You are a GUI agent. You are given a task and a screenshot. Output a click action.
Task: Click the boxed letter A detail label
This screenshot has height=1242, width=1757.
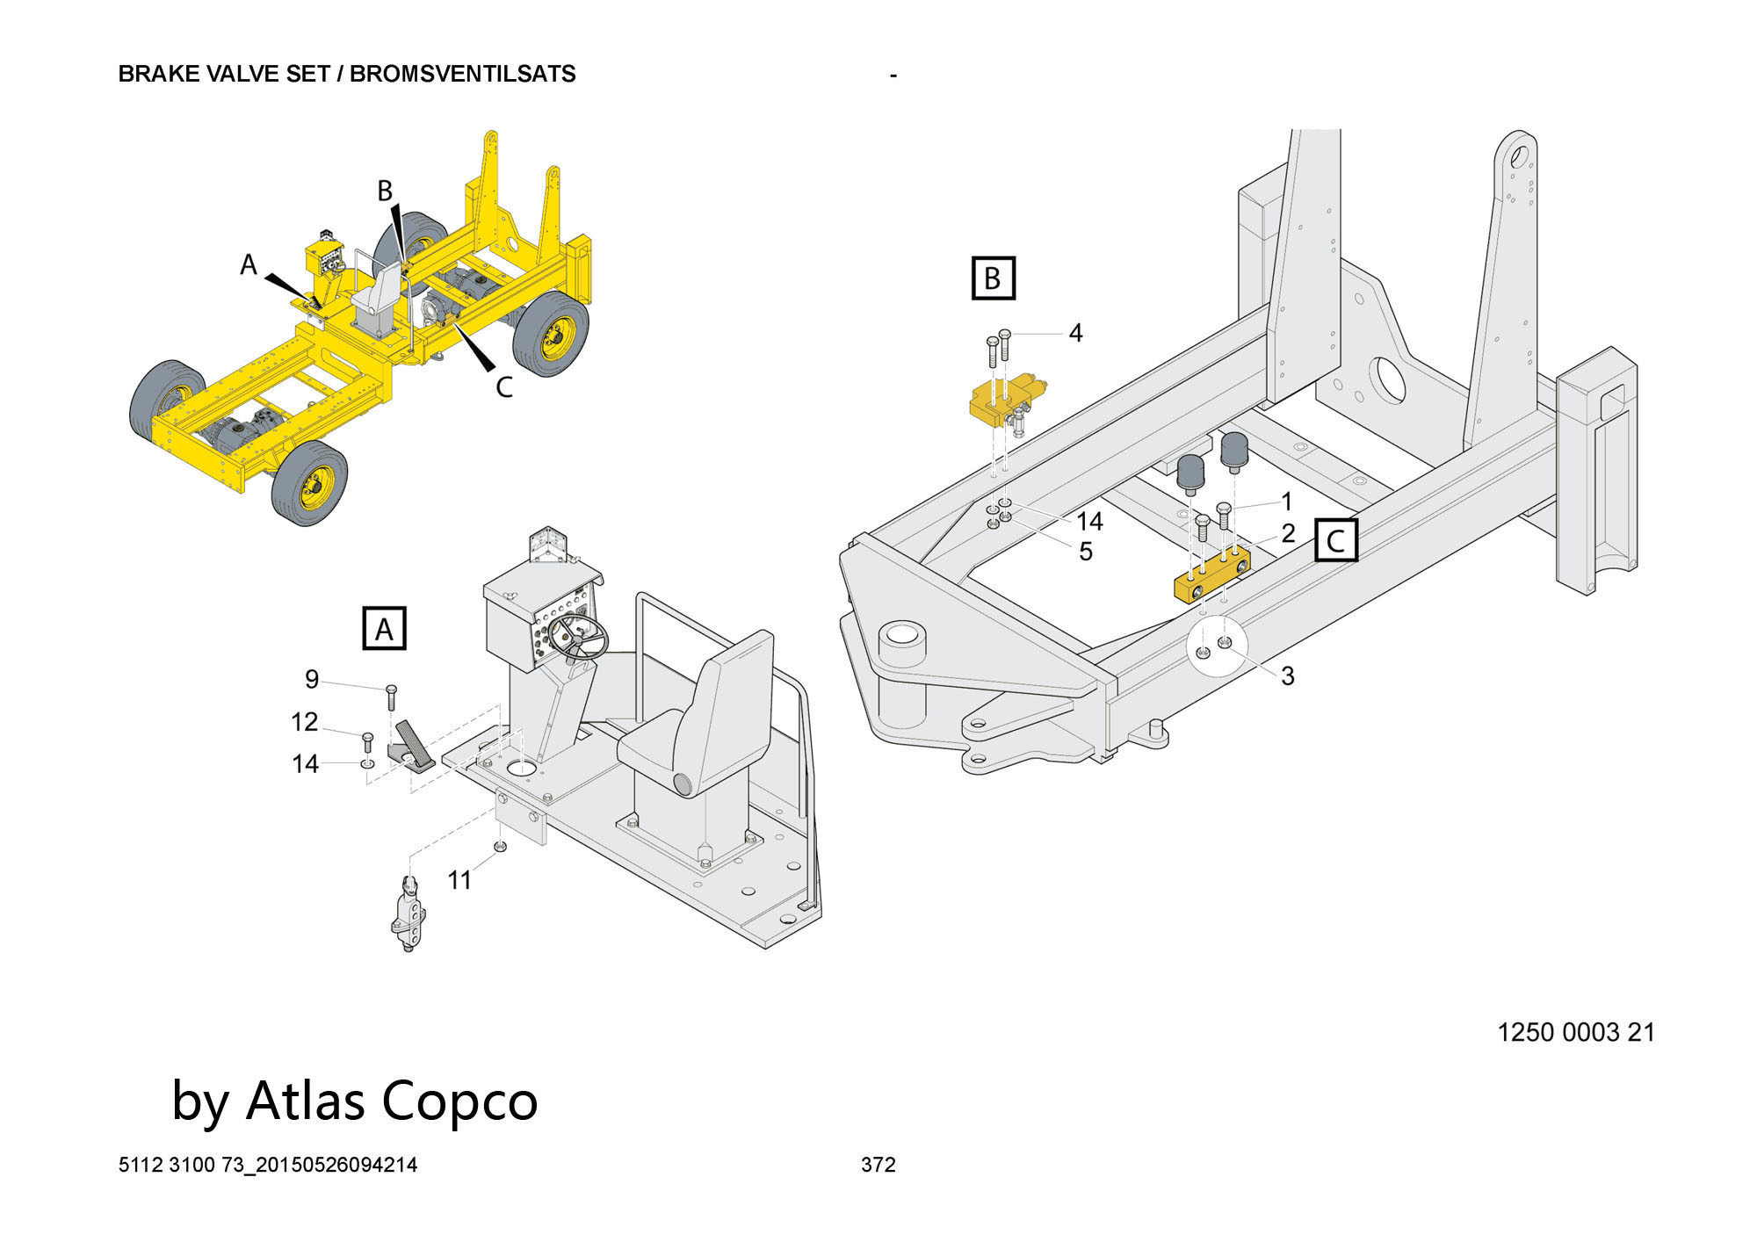[x=384, y=628]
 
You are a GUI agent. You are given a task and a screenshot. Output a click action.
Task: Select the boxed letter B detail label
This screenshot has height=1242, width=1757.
[x=993, y=278]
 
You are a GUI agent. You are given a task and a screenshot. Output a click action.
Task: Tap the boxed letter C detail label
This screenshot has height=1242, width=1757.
[x=1335, y=539]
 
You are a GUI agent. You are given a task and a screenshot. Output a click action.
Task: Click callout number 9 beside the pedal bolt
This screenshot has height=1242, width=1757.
[x=312, y=679]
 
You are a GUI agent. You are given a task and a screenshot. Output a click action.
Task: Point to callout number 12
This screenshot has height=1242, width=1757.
[x=304, y=721]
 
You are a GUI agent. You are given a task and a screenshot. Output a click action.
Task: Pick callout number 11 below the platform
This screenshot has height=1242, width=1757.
[x=459, y=879]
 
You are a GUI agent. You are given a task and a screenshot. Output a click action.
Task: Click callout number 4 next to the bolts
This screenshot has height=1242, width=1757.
[x=1075, y=333]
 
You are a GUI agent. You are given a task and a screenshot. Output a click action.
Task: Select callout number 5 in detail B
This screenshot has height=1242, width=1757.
[x=1086, y=552]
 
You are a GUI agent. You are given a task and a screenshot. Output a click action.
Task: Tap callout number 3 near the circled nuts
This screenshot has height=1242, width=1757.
[x=1287, y=675]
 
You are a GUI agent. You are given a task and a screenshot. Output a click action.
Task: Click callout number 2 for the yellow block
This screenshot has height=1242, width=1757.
[x=1288, y=533]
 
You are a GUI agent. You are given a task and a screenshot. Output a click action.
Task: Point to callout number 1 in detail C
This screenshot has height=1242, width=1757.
[x=1287, y=502]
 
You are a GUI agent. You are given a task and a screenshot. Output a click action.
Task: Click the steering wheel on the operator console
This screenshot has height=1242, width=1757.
[x=578, y=636]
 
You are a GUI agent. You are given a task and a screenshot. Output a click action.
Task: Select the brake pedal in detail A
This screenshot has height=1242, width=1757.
[x=414, y=744]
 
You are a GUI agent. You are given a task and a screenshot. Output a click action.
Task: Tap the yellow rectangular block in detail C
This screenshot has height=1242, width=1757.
[x=1211, y=577]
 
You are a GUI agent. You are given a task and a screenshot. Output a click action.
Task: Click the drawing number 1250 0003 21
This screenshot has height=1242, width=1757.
[x=1575, y=1032]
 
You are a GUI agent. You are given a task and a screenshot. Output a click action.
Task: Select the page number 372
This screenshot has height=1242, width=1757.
[x=878, y=1165]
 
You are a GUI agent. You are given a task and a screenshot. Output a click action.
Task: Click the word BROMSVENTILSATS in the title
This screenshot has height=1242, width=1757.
[x=462, y=74]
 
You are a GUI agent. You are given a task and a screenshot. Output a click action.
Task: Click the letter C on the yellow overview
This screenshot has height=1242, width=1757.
[x=503, y=386]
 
